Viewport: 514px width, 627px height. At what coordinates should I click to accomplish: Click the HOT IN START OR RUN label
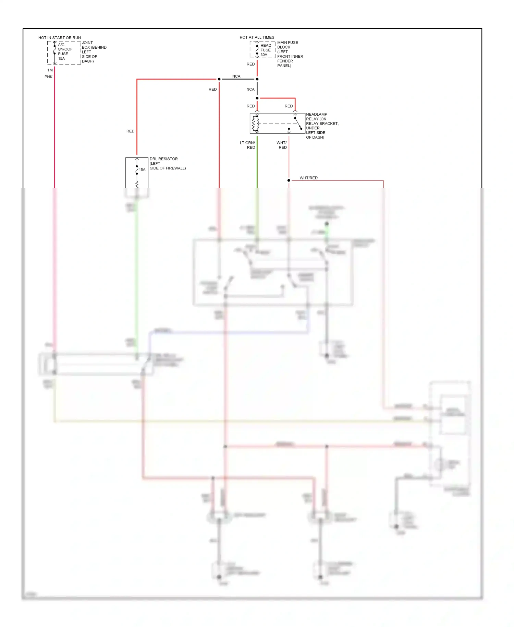(x=60, y=38)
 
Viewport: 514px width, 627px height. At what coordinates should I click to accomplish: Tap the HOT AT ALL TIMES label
(x=257, y=37)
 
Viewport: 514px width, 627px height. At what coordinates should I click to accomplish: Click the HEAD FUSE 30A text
(x=265, y=50)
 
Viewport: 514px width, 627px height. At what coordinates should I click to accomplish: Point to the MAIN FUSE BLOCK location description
(x=290, y=54)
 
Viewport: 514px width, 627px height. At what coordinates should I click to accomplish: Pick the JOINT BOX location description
(x=94, y=52)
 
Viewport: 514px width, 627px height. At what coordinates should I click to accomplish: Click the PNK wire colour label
(x=48, y=77)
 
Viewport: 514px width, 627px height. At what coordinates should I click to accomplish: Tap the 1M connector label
(x=50, y=70)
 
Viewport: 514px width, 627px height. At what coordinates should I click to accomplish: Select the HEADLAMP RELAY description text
(x=322, y=126)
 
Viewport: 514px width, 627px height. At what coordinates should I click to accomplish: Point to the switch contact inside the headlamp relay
(x=298, y=123)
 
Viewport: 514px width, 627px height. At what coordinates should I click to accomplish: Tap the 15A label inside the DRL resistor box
(x=142, y=170)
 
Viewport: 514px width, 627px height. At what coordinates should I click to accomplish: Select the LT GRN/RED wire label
(x=248, y=145)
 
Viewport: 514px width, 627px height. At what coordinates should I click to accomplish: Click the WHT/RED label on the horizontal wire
(x=308, y=178)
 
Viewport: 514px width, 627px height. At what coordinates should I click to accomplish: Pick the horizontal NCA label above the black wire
(x=236, y=76)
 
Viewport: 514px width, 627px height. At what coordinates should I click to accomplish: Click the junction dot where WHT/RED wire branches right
(x=289, y=180)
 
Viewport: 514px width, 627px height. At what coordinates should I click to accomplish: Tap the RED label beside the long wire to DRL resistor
(x=130, y=131)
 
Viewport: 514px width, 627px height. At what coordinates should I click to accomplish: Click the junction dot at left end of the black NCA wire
(x=219, y=79)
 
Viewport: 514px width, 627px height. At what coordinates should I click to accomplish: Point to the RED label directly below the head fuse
(x=250, y=64)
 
